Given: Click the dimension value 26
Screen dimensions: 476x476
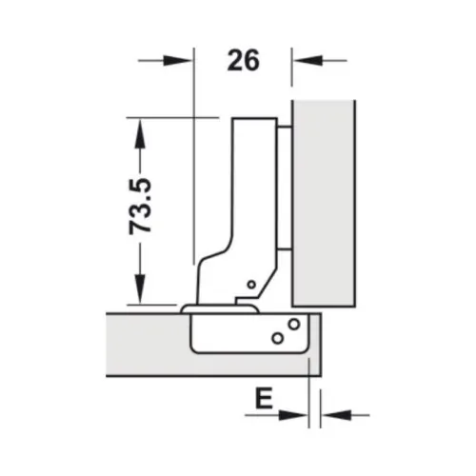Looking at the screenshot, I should click(x=244, y=61).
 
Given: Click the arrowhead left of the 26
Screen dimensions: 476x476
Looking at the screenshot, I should click(x=179, y=61).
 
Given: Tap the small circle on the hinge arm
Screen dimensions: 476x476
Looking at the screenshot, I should click(x=249, y=284).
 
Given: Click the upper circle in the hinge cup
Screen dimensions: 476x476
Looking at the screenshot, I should click(x=293, y=324).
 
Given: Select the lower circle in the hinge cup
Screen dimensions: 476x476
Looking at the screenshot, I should click(x=276, y=337).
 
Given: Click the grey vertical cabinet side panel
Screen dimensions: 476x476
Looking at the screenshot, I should click(x=324, y=200).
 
